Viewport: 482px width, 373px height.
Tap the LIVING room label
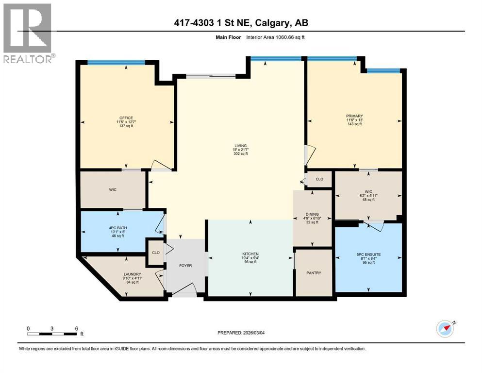tap(240, 145)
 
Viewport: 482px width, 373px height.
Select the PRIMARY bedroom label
tap(354, 116)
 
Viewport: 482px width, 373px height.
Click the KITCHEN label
tap(250, 254)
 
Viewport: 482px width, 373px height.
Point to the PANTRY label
tap(314, 272)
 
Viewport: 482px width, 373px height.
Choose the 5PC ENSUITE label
tap(368, 252)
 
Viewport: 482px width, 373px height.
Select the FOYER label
tap(185, 266)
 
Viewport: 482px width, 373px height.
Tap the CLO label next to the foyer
tap(155, 253)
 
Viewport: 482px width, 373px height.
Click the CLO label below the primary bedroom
tap(319, 179)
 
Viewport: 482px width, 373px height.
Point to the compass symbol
tap(445, 329)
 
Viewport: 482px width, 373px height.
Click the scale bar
tap(52, 333)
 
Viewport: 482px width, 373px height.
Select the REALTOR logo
tap(28, 33)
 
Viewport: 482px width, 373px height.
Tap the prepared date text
tap(241, 333)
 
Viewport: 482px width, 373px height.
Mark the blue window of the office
tap(116, 62)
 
